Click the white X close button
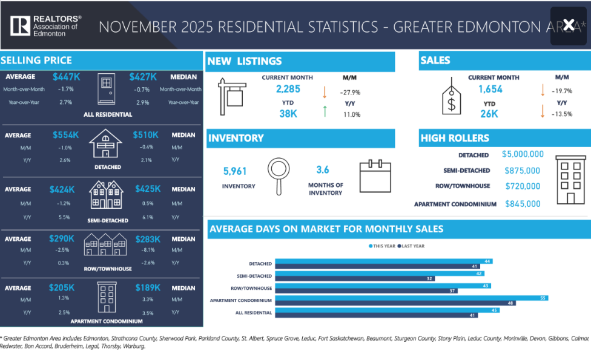[x=569, y=25]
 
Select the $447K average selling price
[x=66, y=77]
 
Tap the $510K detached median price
[x=145, y=135]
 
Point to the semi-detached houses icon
[x=106, y=195]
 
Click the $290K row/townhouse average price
[x=62, y=239]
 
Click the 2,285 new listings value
[x=288, y=90]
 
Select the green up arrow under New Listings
[x=325, y=111]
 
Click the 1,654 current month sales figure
[x=490, y=90]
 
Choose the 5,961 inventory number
[x=235, y=171]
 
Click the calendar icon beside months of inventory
[x=375, y=176]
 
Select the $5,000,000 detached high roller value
[x=523, y=155]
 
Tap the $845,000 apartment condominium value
[x=523, y=204]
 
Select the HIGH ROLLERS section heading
[x=455, y=138]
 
